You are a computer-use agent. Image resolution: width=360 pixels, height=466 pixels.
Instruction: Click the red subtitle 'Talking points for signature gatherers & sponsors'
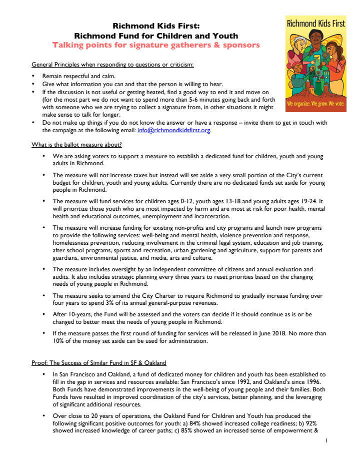coord(156,45)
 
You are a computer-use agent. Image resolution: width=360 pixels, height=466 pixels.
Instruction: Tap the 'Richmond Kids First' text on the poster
coord(315,23)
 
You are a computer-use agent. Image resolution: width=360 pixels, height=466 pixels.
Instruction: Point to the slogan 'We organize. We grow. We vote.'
coord(315,105)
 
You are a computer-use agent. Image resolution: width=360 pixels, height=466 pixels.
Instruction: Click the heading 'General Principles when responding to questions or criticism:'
coord(112,65)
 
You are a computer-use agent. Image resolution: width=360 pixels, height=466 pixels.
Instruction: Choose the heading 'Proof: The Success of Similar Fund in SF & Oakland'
coord(99,362)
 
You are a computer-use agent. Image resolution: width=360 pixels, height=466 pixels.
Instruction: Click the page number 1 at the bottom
coord(326,441)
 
